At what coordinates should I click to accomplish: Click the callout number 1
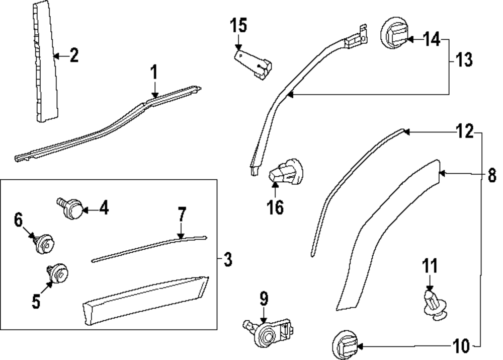click(x=154, y=73)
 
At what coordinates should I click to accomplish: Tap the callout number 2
click(x=74, y=55)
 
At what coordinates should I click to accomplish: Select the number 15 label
click(x=239, y=25)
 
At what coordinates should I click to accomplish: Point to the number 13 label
click(x=464, y=60)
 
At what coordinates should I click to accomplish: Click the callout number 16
click(x=276, y=206)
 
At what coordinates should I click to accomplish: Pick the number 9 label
click(x=264, y=299)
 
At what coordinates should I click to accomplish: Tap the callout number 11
click(x=430, y=266)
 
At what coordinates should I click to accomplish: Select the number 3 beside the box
click(x=228, y=260)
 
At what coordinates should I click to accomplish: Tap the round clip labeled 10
click(x=346, y=346)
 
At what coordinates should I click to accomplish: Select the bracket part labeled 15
click(x=254, y=64)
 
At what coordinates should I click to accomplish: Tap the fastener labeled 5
click(x=58, y=272)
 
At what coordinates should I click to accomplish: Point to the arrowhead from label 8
click(x=441, y=174)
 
